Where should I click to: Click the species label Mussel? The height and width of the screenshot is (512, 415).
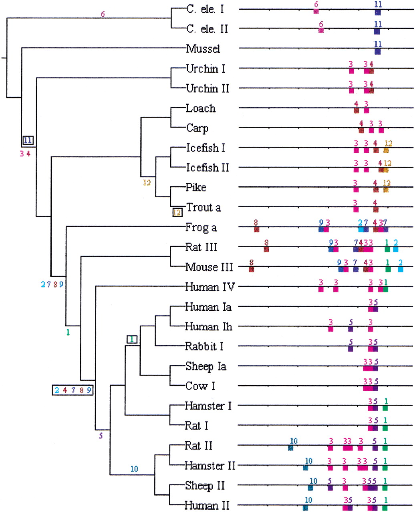click(x=203, y=49)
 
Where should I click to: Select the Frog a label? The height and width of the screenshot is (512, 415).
click(x=201, y=228)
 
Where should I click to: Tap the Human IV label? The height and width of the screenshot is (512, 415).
click(x=210, y=287)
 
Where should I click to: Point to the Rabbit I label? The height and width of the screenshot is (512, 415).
click(x=204, y=346)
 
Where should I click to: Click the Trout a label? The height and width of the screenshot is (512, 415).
click(x=203, y=208)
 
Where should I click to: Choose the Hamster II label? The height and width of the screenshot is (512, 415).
click(x=210, y=466)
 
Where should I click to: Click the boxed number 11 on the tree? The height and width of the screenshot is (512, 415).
click(x=28, y=140)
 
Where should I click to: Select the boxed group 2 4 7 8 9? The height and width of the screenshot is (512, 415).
click(x=73, y=390)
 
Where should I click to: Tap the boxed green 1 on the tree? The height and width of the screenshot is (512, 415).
click(x=132, y=339)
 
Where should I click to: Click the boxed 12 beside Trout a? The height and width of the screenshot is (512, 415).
click(x=177, y=212)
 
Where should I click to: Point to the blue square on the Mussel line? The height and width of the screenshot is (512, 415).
click(x=378, y=52)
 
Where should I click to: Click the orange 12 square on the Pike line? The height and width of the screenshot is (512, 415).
click(x=386, y=190)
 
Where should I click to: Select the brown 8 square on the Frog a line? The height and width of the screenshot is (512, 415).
click(x=256, y=230)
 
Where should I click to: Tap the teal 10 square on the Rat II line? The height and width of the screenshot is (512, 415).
click(x=291, y=448)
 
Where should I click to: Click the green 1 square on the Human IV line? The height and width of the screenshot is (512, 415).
click(x=385, y=289)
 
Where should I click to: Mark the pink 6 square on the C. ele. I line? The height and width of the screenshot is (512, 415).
click(x=316, y=11)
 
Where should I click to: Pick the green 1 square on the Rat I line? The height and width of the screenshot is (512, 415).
click(x=385, y=428)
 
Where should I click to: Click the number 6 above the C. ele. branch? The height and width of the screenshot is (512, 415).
click(x=103, y=14)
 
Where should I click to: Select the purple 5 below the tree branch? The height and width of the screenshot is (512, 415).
click(x=101, y=436)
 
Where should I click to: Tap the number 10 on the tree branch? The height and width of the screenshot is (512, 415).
click(x=134, y=469)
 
